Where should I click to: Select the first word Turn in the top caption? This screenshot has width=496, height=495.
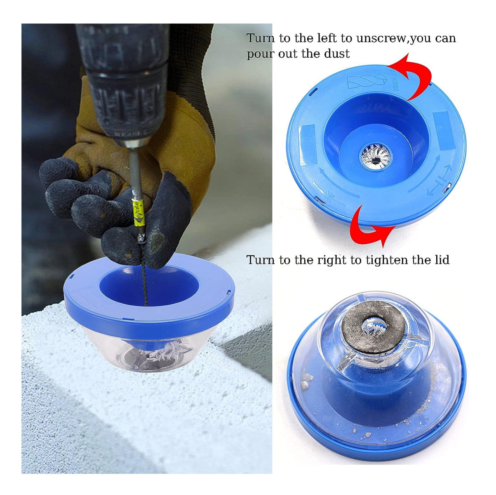tap(261, 39)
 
